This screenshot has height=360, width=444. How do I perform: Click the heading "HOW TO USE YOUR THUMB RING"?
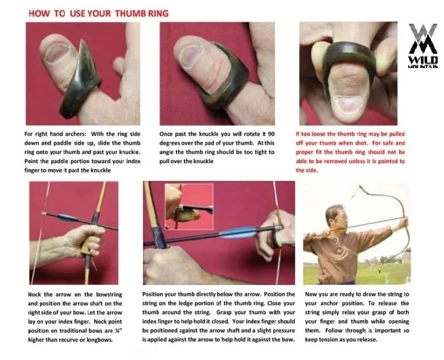(99, 13)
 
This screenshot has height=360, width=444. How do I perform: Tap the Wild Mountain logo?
(423, 45)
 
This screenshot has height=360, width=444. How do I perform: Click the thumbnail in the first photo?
(57, 52)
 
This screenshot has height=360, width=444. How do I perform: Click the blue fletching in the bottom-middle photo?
(238, 232)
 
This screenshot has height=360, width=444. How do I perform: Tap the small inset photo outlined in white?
(189, 206)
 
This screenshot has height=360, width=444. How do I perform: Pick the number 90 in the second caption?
(271, 134)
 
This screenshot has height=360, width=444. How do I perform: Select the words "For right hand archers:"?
(56, 134)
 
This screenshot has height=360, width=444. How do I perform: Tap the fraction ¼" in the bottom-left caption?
(119, 330)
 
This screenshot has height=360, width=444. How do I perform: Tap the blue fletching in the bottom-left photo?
(67, 217)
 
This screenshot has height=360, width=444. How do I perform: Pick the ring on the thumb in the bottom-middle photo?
(275, 240)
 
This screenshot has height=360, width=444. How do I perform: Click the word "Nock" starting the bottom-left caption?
(34, 294)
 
